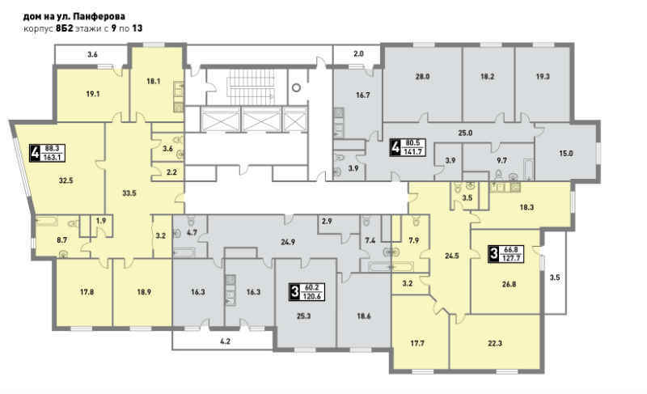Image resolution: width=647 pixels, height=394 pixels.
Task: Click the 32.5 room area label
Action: [x=66, y=180]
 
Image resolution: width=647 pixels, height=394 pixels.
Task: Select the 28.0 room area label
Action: [x=423, y=76]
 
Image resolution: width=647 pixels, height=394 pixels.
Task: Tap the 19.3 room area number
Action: [x=543, y=76]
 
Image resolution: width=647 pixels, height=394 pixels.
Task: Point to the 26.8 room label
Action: [x=510, y=284]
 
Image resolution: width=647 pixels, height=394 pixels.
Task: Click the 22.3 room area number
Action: [x=495, y=343]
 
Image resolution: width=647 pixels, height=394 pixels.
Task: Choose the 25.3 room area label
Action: [x=303, y=316]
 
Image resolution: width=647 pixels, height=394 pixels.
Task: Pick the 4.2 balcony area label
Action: [x=225, y=341]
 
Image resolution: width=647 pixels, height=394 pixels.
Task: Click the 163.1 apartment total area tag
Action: [x=53, y=157]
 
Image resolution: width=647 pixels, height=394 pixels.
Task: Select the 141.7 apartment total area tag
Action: [x=413, y=151]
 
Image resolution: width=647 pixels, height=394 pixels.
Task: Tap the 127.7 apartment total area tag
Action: [x=511, y=259]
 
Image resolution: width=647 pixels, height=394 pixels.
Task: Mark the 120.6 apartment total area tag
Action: [x=312, y=296]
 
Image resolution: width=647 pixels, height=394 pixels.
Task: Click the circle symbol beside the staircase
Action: [x=296, y=87]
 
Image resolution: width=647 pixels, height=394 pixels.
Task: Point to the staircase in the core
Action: [x=250, y=87]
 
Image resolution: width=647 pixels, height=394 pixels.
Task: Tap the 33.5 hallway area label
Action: [x=129, y=193]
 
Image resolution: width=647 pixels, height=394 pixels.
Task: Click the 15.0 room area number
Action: [x=565, y=153]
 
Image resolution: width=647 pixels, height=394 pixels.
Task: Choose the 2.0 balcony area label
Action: [x=358, y=53]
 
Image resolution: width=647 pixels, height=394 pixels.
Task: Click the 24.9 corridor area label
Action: [x=288, y=242]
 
